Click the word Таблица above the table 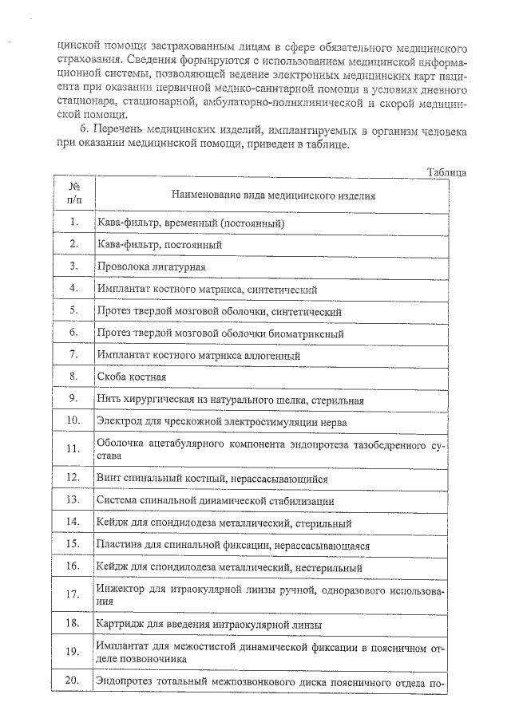click(x=446, y=172)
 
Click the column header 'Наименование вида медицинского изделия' click(x=274, y=195)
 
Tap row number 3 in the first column click(x=73, y=266)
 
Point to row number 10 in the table click(x=73, y=420)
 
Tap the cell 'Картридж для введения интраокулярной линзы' click(x=208, y=624)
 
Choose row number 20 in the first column click(x=73, y=681)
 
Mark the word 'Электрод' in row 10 click(x=119, y=420)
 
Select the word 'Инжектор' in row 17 click(x=121, y=590)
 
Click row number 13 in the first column click(x=73, y=500)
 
